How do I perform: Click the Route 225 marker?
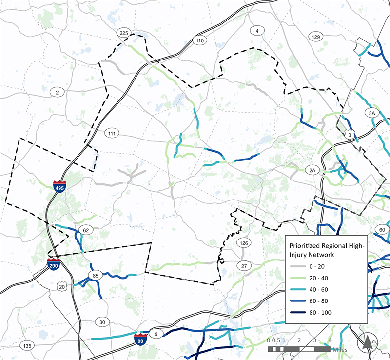124,33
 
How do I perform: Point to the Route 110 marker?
199,41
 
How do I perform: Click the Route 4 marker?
256,31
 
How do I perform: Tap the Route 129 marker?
316,37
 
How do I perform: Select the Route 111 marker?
112,133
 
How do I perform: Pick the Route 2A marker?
312,170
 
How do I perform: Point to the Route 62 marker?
87,230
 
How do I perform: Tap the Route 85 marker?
96,276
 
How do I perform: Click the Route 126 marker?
243,242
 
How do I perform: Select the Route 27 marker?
243,266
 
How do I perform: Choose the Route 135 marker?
27,346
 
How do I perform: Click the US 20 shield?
62,287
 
